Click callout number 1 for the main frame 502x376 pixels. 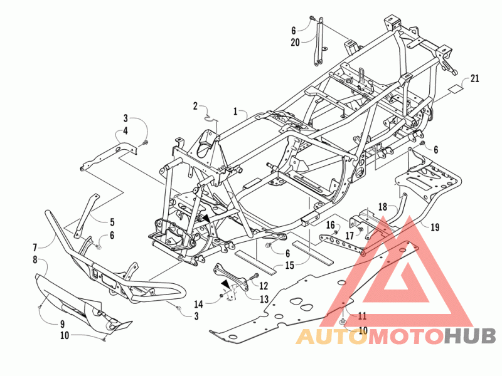[235, 112]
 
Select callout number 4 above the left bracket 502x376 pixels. [125, 131]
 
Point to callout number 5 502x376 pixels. [112, 221]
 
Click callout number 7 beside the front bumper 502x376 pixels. [36, 247]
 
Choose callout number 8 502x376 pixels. [36, 259]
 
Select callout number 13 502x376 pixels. [264, 298]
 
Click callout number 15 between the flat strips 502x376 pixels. [289, 266]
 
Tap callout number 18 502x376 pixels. [383, 206]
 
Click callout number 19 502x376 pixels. [434, 227]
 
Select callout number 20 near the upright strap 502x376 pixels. [295, 42]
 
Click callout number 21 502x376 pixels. [475, 78]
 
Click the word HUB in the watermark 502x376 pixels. [470, 337]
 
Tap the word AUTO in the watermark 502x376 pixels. [331, 337]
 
